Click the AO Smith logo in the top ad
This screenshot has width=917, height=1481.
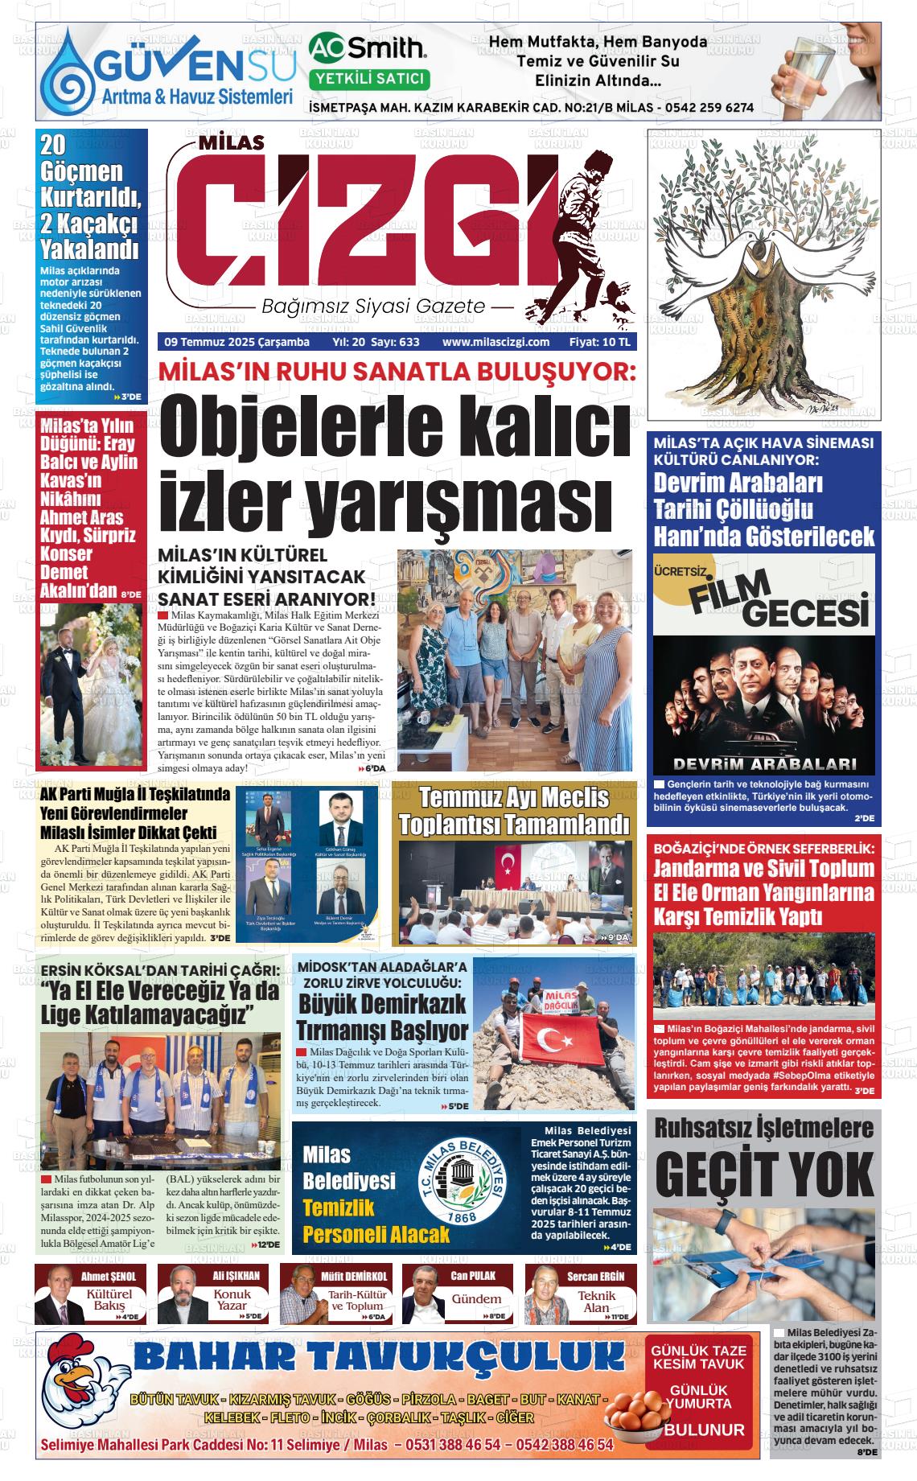click(x=368, y=49)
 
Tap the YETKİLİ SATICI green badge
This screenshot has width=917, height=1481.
click(x=369, y=79)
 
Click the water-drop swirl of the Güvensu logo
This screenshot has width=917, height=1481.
click(x=70, y=74)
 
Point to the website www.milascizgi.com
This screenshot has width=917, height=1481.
click(x=496, y=342)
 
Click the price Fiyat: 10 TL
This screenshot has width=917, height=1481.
click(x=600, y=342)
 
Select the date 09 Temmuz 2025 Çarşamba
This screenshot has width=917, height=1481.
click(x=236, y=342)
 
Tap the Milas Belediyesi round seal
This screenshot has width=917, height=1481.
click(x=467, y=1187)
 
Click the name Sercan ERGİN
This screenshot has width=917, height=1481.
click(x=595, y=1276)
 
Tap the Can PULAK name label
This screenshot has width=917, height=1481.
click(x=473, y=1276)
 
